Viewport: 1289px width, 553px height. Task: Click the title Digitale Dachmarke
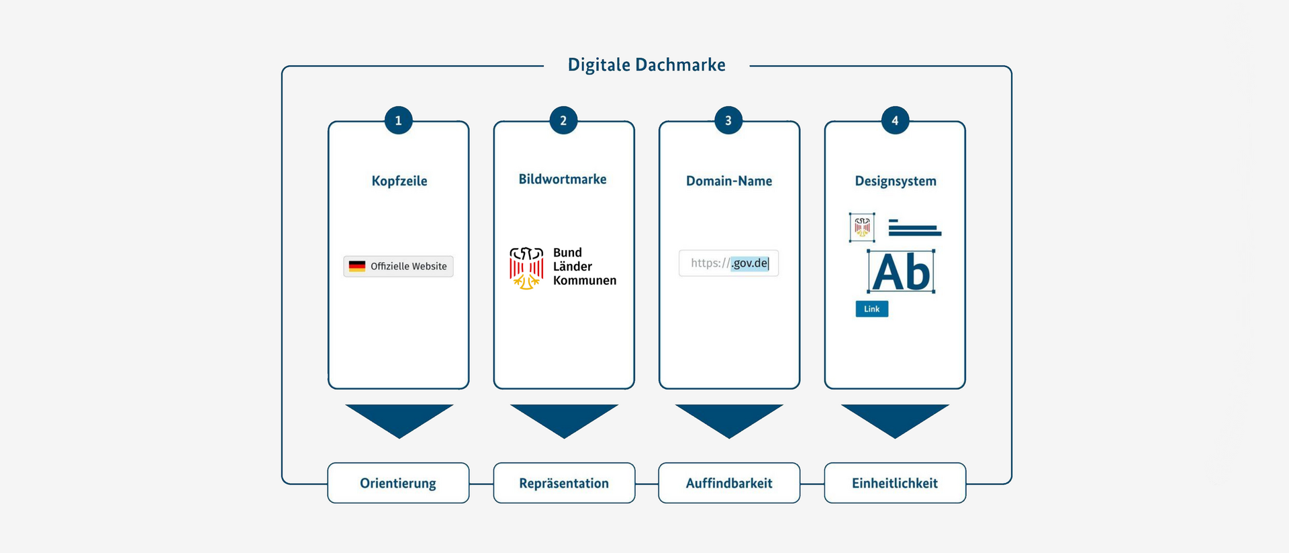(647, 65)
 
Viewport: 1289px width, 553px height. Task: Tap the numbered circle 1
(398, 120)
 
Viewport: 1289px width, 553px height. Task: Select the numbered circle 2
(563, 120)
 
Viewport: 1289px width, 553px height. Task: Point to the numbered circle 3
(728, 120)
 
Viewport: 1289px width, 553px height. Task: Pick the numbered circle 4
(895, 120)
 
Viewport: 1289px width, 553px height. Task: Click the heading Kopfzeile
(399, 181)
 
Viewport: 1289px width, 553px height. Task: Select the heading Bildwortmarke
(563, 179)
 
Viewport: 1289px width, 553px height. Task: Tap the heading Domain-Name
(729, 181)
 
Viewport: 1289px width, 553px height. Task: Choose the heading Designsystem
(896, 181)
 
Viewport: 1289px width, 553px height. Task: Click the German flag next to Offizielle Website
(357, 266)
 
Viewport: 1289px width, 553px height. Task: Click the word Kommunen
(585, 280)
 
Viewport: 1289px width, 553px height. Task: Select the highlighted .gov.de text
(750, 263)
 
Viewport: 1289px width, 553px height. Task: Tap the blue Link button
(871, 308)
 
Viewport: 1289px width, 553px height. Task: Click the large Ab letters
(901, 272)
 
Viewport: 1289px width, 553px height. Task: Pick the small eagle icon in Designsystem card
(862, 227)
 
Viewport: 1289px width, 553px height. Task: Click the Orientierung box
(398, 482)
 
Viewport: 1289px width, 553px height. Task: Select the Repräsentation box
(564, 482)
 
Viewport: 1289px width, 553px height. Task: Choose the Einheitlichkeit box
(895, 482)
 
